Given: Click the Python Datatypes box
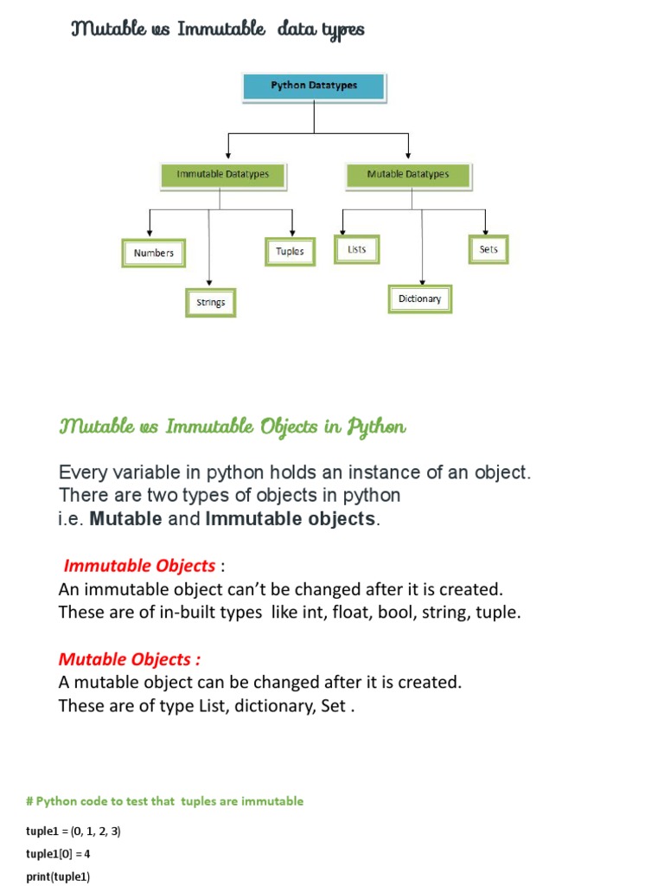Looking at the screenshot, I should (x=314, y=86).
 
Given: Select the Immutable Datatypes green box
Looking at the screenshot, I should (x=223, y=175).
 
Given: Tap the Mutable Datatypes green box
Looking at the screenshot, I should (x=408, y=175).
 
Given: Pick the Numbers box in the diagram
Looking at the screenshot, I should (x=154, y=254).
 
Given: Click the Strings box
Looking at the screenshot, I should (x=210, y=303).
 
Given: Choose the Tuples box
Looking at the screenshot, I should (x=290, y=252).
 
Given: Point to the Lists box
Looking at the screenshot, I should (x=356, y=249).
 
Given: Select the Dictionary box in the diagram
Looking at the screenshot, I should (x=419, y=299).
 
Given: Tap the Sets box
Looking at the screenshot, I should (x=488, y=249).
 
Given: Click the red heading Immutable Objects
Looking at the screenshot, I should (x=141, y=566).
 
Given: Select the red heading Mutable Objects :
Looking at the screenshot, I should (x=130, y=659).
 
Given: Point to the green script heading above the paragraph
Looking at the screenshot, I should (x=232, y=427).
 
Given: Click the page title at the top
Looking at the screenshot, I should (x=217, y=30).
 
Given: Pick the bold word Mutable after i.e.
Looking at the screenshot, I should (x=126, y=519).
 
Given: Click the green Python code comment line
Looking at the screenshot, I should (x=165, y=801).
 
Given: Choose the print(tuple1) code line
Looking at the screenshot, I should (x=58, y=876).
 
